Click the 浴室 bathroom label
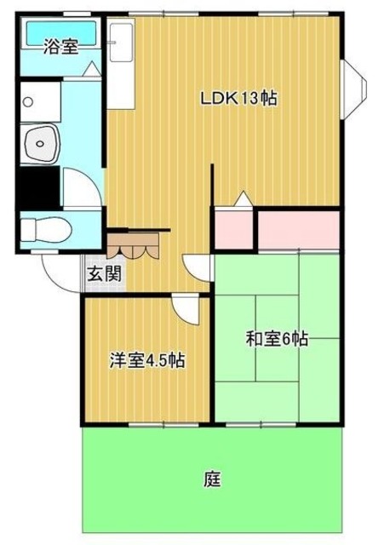point(60,48)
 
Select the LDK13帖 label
point(238,99)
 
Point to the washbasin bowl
point(40,144)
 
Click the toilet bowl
point(46,230)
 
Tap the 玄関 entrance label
point(104,274)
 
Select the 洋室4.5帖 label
point(147,360)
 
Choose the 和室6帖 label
point(277,339)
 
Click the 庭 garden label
point(212,479)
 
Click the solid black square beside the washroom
point(40,188)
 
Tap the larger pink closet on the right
point(299,229)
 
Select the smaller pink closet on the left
point(234,230)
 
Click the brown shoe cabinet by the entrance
point(133,246)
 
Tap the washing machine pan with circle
point(40,102)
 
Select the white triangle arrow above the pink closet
point(244,199)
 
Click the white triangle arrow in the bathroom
point(92,68)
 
